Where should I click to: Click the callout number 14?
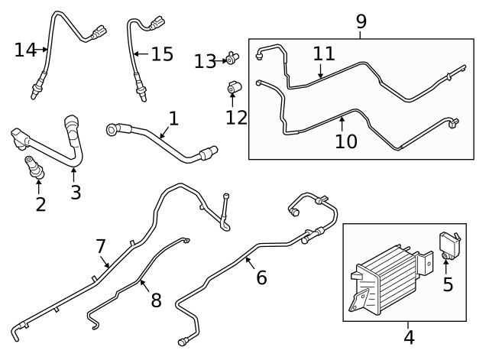click(x=25, y=50)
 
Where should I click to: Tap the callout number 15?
click(x=162, y=54)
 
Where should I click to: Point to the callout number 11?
click(x=324, y=54)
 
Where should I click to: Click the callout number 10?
click(x=346, y=141)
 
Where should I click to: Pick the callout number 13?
click(x=205, y=61)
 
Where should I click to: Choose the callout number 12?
click(x=237, y=118)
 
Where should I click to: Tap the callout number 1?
click(x=173, y=118)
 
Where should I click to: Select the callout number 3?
click(x=76, y=192)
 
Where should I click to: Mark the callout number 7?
click(x=101, y=246)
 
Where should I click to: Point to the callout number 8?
click(x=156, y=300)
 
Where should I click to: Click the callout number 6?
click(x=261, y=277)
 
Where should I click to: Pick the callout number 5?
click(x=448, y=284)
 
